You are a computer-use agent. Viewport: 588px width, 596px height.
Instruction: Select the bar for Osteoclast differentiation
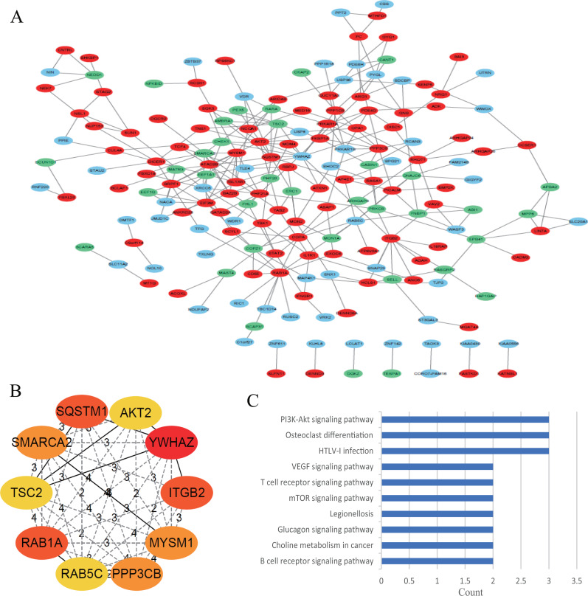point(463,434)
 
